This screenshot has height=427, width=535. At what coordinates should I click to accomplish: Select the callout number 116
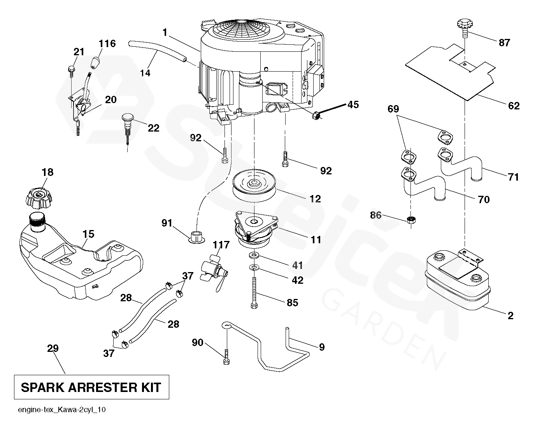click(107, 43)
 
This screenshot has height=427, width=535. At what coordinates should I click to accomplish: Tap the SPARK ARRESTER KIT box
click(91, 387)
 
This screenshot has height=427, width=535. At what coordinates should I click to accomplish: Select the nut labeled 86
click(410, 220)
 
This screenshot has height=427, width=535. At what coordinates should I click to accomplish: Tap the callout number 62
click(514, 105)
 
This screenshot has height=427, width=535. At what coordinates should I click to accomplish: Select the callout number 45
click(353, 104)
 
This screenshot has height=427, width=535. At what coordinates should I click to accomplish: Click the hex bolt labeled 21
click(70, 70)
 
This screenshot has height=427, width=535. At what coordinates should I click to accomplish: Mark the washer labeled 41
click(254, 256)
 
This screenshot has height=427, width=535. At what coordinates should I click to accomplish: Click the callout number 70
click(484, 199)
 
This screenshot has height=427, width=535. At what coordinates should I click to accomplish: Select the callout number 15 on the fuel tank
click(88, 234)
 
